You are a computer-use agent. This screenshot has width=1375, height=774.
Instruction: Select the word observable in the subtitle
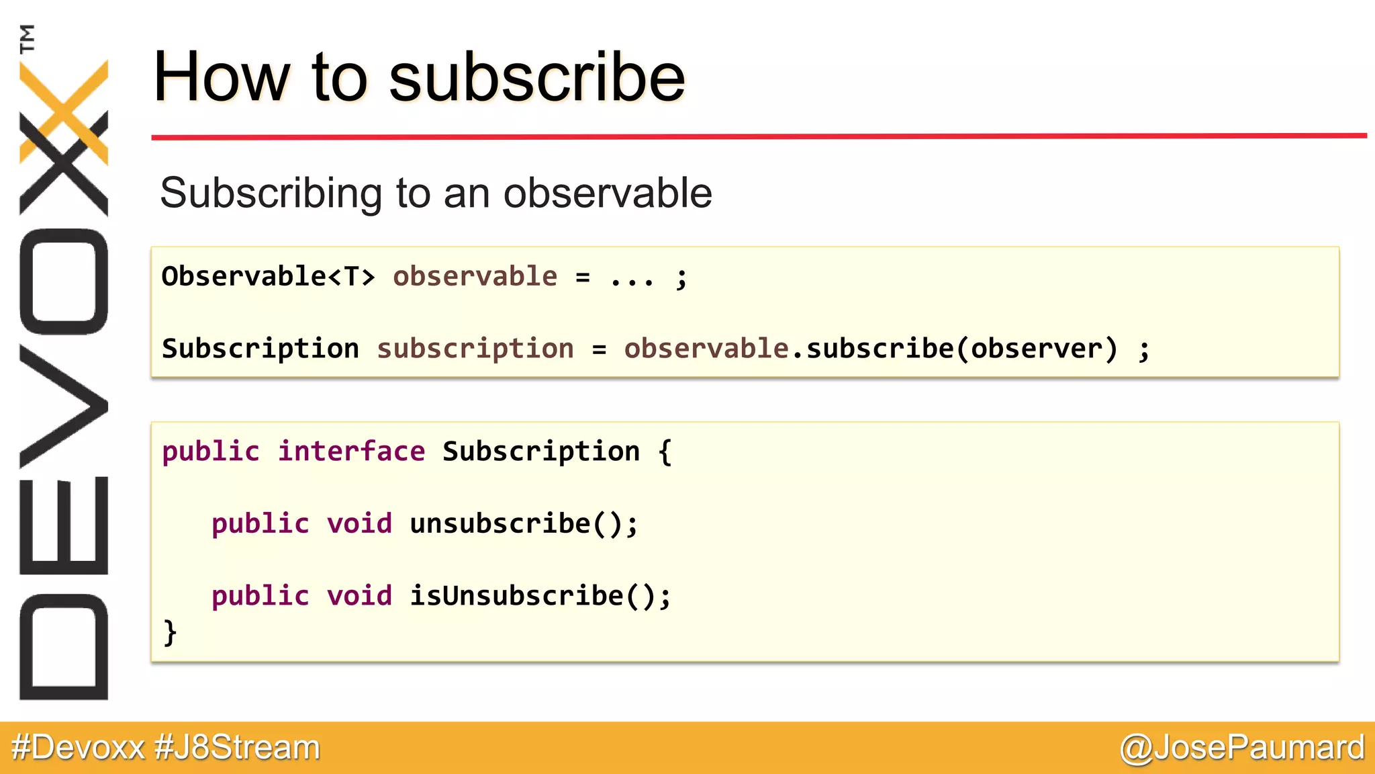608,193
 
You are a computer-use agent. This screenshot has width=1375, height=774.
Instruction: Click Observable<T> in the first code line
268,276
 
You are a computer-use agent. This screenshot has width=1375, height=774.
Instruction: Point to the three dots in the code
632,277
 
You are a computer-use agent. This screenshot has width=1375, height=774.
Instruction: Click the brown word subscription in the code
475,349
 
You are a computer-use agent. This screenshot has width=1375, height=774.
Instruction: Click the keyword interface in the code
351,451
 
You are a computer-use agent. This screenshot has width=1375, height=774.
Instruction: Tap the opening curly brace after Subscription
665,451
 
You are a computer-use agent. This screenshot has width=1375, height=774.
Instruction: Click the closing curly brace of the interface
170,632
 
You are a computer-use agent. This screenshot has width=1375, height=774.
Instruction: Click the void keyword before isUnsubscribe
359,596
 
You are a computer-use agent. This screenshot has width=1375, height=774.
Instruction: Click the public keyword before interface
210,451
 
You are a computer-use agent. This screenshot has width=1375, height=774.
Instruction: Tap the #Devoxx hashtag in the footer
78,747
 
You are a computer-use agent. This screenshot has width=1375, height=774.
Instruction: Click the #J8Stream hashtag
237,747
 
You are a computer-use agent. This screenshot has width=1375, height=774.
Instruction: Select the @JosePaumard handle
1242,747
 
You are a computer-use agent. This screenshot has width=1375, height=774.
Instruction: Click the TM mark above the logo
28,38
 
